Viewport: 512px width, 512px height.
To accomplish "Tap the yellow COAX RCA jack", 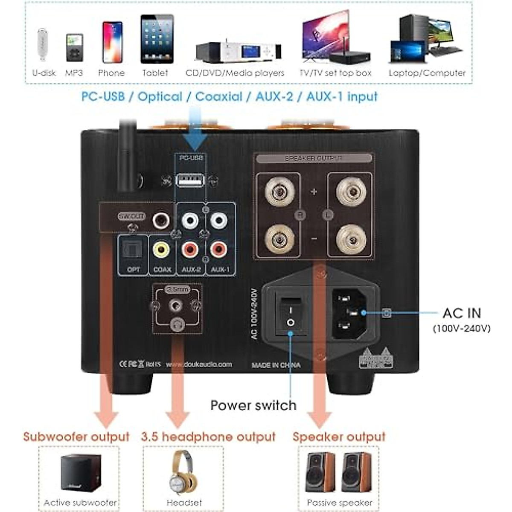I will tap(161, 249).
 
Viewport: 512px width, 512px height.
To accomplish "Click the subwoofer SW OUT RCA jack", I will tap(161, 221).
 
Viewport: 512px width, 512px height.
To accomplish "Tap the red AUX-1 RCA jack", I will tap(218, 249).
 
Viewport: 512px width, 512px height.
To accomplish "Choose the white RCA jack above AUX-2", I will tap(190, 221).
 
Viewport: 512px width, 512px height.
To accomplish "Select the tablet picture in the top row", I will tap(157, 39).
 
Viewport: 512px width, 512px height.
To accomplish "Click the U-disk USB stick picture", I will tap(43, 44).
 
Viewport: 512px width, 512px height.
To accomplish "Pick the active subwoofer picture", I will tap(80, 473).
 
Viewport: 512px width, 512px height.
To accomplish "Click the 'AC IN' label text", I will tap(462, 313).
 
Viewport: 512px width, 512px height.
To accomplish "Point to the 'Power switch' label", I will tap(253, 405).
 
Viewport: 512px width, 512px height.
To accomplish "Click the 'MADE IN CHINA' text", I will tap(276, 365).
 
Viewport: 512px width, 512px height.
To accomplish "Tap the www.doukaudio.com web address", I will tap(199, 364).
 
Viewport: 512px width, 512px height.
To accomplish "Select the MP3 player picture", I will tap(74, 47).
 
